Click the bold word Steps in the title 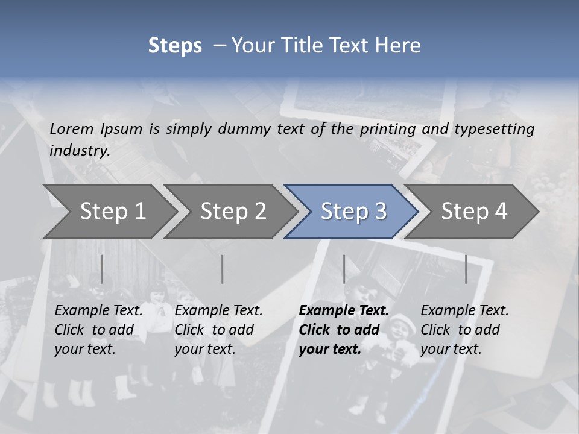175,46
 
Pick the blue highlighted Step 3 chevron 353,211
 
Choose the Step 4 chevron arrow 474,211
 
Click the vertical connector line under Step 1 101,269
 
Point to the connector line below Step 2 223,269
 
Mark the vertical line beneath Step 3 344,269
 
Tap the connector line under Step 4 466,269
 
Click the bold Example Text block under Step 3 344,330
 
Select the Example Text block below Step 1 98,330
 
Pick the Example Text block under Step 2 218,330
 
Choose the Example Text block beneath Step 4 464,330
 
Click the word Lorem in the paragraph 72,129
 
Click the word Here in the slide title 400,46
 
